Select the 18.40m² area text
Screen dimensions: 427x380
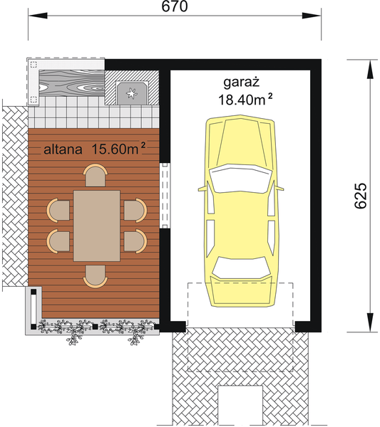click(246, 100)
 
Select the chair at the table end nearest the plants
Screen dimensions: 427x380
click(96, 275)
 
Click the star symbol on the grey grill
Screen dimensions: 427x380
click(131, 91)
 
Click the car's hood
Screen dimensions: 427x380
click(239, 142)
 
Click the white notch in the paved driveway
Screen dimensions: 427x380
click(240, 405)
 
